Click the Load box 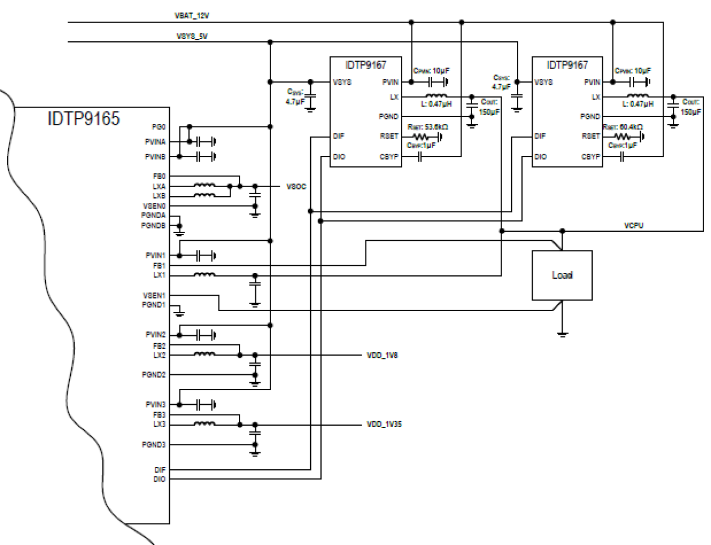tap(562, 275)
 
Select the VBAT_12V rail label tap(191, 16)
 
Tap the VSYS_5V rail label tap(191, 36)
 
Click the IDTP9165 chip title tap(84, 119)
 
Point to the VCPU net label tap(633, 226)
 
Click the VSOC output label tap(296, 187)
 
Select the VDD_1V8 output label tap(382, 356)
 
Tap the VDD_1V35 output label tap(384, 424)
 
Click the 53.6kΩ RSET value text tap(436, 127)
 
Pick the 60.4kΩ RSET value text tap(631, 127)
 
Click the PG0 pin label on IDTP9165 tap(159, 127)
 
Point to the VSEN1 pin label tap(154, 296)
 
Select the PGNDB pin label tap(153, 226)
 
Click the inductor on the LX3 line tap(204, 424)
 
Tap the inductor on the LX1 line tap(204, 275)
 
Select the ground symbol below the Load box tap(562, 334)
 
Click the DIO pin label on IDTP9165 tap(159, 479)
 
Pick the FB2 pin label tap(159, 345)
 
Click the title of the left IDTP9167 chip tap(365, 65)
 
